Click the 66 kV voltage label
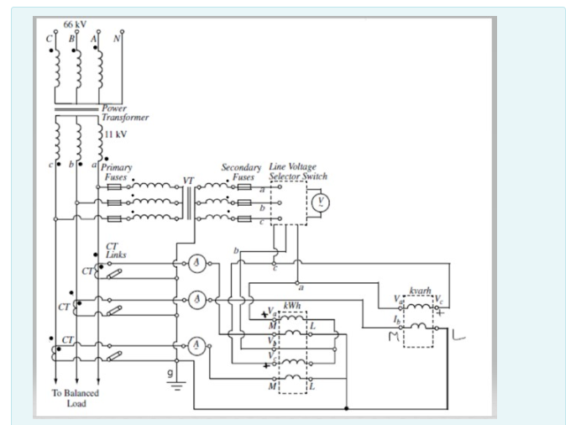(x=76, y=26)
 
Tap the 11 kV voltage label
(x=116, y=134)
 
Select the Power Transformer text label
(x=124, y=113)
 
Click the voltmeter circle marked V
(x=319, y=202)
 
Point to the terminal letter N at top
(x=117, y=38)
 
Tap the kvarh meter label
(x=419, y=291)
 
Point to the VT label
(x=188, y=181)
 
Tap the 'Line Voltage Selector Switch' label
(x=298, y=172)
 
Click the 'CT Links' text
(x=116, y=250)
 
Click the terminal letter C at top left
(x=50, y=39)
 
